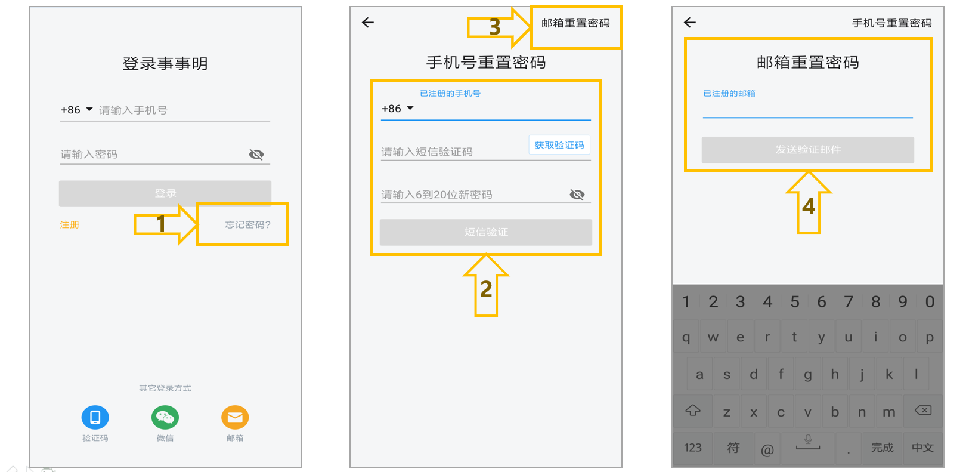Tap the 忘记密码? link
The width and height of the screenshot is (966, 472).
(247, 225)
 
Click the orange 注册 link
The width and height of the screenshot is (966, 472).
(69, 225)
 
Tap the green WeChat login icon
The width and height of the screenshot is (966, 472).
(165, 417)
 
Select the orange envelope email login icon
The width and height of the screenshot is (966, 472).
(235, 417)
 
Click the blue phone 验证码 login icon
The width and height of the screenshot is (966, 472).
(95, 417)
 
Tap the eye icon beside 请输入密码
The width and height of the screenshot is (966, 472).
(256, 154)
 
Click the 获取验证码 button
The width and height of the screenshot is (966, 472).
(559, 145)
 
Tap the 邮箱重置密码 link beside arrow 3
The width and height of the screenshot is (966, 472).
(575, 23)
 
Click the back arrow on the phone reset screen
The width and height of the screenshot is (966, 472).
(368, 23)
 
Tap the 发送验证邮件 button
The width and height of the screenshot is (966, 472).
(808, 150)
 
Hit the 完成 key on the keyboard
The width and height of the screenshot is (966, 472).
(882, 448)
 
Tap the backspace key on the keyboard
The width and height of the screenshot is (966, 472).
(923, 410)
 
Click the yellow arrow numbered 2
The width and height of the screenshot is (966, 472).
(486, 286)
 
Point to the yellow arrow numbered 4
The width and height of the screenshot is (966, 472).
(809, 203)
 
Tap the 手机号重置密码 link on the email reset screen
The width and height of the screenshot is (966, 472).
(892, 23)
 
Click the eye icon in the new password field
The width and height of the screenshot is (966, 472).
(577, 195)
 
